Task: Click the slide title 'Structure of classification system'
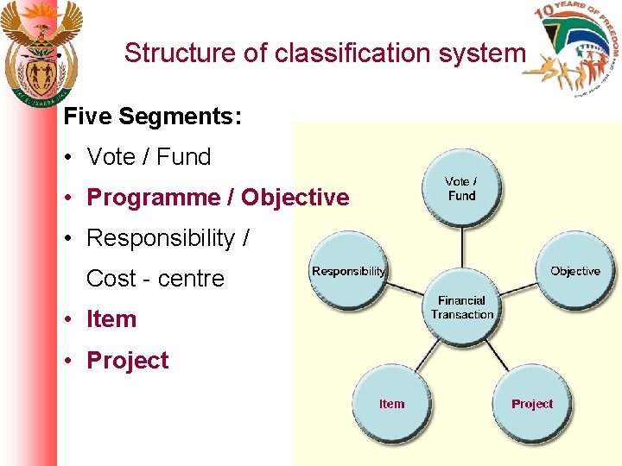pos(324,53)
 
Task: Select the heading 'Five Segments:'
pos(153,116)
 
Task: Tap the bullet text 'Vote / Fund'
pos(149,157)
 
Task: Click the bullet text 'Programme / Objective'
pos(218,198)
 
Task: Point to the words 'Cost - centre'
pos(155,279)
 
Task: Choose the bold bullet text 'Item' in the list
pos(111,319)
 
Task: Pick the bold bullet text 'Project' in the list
pos(128,360)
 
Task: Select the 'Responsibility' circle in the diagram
pos(349,271)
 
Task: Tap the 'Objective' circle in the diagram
pos(574,271)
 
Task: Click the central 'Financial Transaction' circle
pos(462,308)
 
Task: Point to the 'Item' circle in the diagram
pos(392,404)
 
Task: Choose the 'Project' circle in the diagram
pos(531,404)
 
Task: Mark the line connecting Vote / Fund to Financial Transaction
pos(462,250)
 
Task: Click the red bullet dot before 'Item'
pos(67,320)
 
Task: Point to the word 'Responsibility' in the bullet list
pos(161,238)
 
